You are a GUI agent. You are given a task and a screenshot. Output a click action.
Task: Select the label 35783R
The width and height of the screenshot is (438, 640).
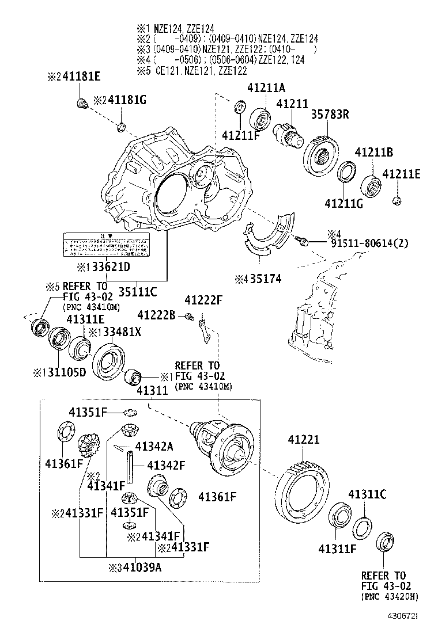point(330,114)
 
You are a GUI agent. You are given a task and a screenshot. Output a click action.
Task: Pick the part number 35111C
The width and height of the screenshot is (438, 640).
point(138,291)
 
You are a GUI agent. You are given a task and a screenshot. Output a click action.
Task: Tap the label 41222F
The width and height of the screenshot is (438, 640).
point(203,300)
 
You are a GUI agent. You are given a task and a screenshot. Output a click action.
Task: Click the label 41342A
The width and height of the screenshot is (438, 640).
point(154,446)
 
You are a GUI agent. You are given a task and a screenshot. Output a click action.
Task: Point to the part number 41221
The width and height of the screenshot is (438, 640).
point(303,440)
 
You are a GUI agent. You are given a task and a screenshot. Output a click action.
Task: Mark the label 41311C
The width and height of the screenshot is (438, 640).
point(367,494)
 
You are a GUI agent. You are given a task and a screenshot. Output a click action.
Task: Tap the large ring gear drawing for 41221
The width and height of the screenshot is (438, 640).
point(301,489)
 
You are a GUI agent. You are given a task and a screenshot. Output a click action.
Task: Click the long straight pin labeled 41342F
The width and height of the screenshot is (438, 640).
point(131,466)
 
